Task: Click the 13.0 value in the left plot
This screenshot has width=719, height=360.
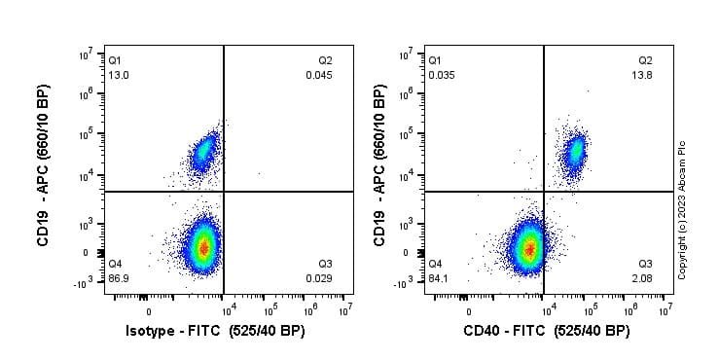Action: coord(117,75)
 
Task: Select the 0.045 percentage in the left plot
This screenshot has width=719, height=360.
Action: coord(319,75)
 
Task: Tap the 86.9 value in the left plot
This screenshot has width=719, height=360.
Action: coord(117,278)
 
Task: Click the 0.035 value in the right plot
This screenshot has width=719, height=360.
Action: coord(440,75)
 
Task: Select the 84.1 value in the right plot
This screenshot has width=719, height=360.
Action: coord(439,278)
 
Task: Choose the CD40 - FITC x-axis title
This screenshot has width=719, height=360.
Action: coord(548,332)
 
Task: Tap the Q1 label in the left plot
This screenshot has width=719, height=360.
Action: coord(115,60)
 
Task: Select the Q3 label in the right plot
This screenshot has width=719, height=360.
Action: coord(645,264)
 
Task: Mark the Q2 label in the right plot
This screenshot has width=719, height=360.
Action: coord(645,60)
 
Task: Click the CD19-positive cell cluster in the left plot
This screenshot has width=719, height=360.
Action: coord(203,151)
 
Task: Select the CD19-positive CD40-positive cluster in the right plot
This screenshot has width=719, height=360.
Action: coord(575,150)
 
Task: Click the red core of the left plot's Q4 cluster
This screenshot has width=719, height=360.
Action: coord(202,248)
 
